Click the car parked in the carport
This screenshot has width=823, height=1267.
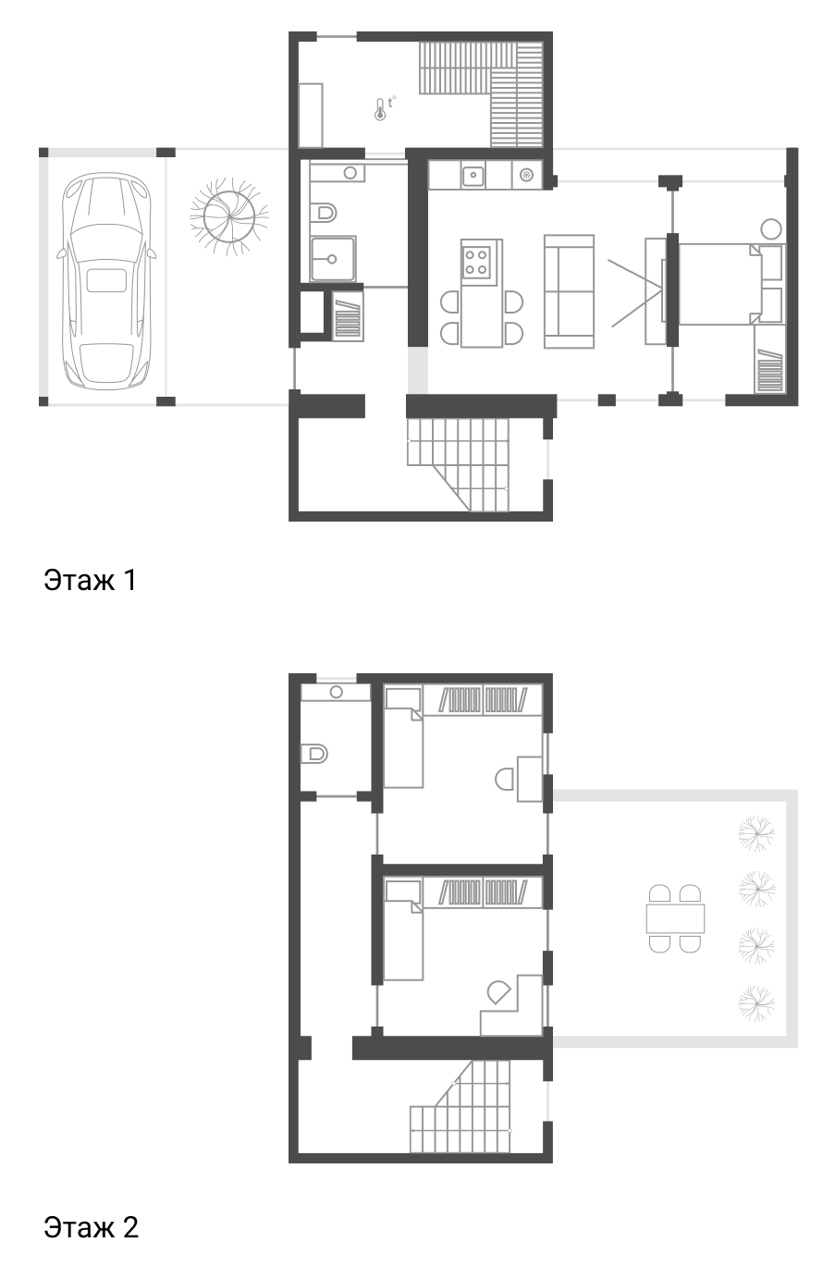pyautogui.click(x=105, y=282)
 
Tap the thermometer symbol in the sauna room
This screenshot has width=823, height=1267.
pyautogui.click(x=380, y=109)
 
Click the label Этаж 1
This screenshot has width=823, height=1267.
pyautogui.click(x=91, y=581)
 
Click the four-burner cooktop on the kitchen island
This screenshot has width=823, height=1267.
pyautogui.click(x=475, y=263)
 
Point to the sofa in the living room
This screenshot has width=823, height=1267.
pyautogui.click(x=569, y=291)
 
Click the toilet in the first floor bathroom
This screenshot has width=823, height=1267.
pyautogui.click(x=324, y=212)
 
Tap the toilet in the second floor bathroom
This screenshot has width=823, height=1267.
pyautogui.click(x=314, y=754)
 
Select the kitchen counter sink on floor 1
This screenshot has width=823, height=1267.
pyautogui.click(x=473, y=175)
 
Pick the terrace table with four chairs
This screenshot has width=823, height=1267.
pyautogui.click(x=675, y=918)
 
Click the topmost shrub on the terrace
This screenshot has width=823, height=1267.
pyautogui.click(x=756, y=833)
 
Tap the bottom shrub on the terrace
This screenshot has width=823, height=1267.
pyautogui.click(x=756, y=1004)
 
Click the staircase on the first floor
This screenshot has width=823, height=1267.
pyautogui.click(x=458, y=464)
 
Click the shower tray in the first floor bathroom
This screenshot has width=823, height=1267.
pyautogui.click(x=333, y=259)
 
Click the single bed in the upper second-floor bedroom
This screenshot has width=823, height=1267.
pyautogui.click(x=403, y=737)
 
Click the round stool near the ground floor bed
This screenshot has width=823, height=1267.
pyautogui.click(x=771, y=229)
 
